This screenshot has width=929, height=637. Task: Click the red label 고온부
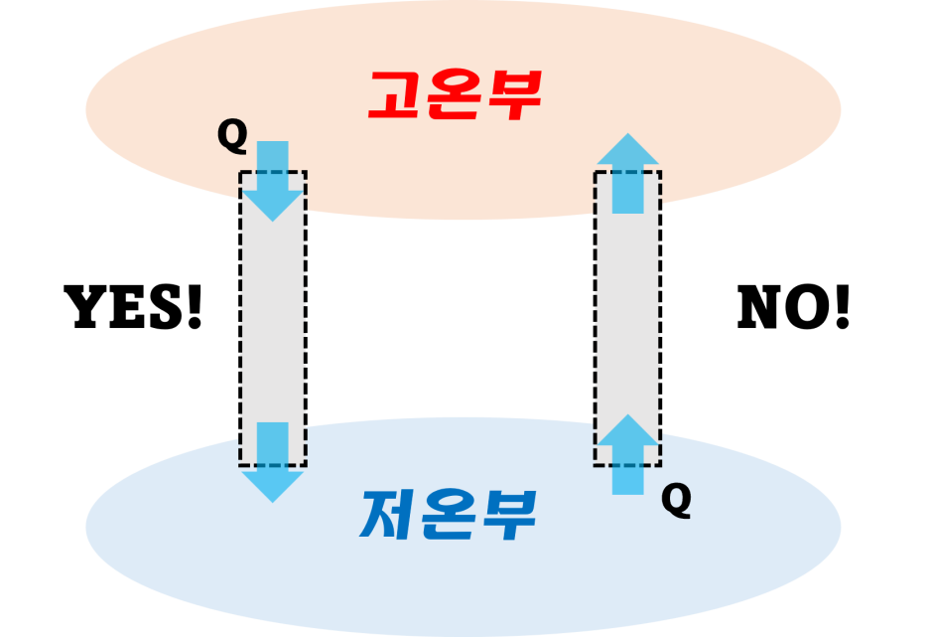coord(455,95)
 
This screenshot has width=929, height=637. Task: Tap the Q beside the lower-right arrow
coord(676,501)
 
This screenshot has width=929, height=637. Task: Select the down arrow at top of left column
coord(272,180)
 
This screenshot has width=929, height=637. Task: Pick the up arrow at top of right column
coord(627,173)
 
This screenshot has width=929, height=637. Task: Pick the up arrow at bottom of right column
coord(627,454)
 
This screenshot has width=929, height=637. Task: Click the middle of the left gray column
coord(272,318)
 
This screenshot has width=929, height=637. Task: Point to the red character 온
coord(455,95)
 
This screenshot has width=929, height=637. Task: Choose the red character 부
coord(513,95)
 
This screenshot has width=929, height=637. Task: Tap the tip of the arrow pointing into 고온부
coord(627,135)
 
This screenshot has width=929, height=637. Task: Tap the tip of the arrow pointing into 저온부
coord(272,500)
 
